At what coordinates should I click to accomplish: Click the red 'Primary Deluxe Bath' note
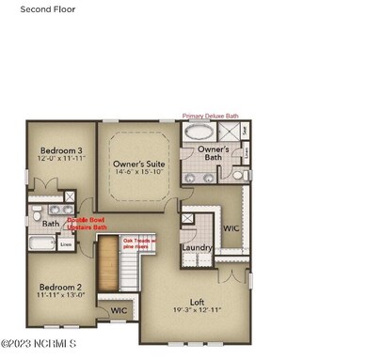(211, 117)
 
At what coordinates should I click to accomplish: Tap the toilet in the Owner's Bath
(238, 175)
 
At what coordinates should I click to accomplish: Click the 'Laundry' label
(197, 247)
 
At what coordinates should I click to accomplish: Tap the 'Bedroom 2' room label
(59, 287)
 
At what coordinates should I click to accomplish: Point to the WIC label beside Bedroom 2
(119, 310)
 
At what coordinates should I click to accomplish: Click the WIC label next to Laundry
(231, 228)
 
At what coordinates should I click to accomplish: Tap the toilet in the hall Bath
(37, 215)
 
